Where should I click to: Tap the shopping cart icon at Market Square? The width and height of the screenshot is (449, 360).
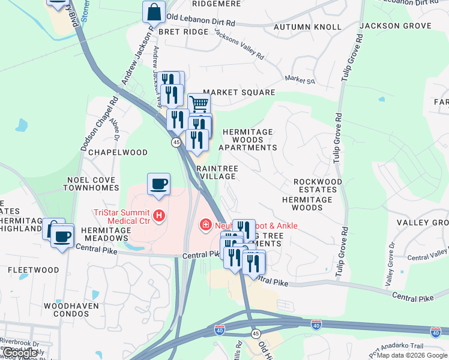(199, 103)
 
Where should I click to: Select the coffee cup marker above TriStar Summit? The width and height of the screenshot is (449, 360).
(158, 184)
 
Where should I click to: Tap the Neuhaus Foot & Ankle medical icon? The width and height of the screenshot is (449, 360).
(205, 225)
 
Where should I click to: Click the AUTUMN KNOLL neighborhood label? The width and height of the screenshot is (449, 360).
(307, 27)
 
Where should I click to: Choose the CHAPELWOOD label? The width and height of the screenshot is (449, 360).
(118, 152)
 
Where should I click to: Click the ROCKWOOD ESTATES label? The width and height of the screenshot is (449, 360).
(318, 185)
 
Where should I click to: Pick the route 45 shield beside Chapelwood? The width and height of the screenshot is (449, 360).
(176, 142)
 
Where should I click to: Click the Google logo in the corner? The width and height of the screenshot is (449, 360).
(20, 353)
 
